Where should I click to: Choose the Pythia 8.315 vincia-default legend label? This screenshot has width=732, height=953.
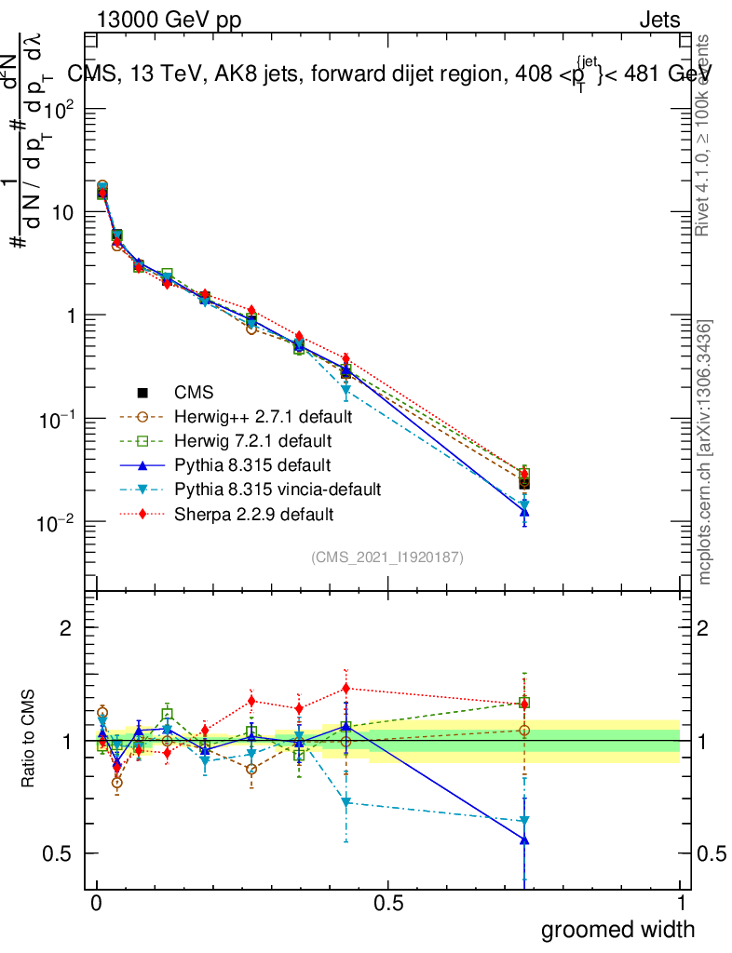[276, 489]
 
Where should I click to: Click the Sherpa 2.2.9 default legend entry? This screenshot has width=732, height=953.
[252, 513]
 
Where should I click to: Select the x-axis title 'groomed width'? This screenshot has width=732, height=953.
[618, 929]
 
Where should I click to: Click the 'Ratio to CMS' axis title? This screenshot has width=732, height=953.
[29, 740]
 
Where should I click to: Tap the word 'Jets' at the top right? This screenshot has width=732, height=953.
[658, 20]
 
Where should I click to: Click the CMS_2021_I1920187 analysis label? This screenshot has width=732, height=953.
[387, 557]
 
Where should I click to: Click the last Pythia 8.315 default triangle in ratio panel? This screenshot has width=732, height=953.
[524, 839]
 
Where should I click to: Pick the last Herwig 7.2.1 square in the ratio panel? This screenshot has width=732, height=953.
[524, 704]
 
